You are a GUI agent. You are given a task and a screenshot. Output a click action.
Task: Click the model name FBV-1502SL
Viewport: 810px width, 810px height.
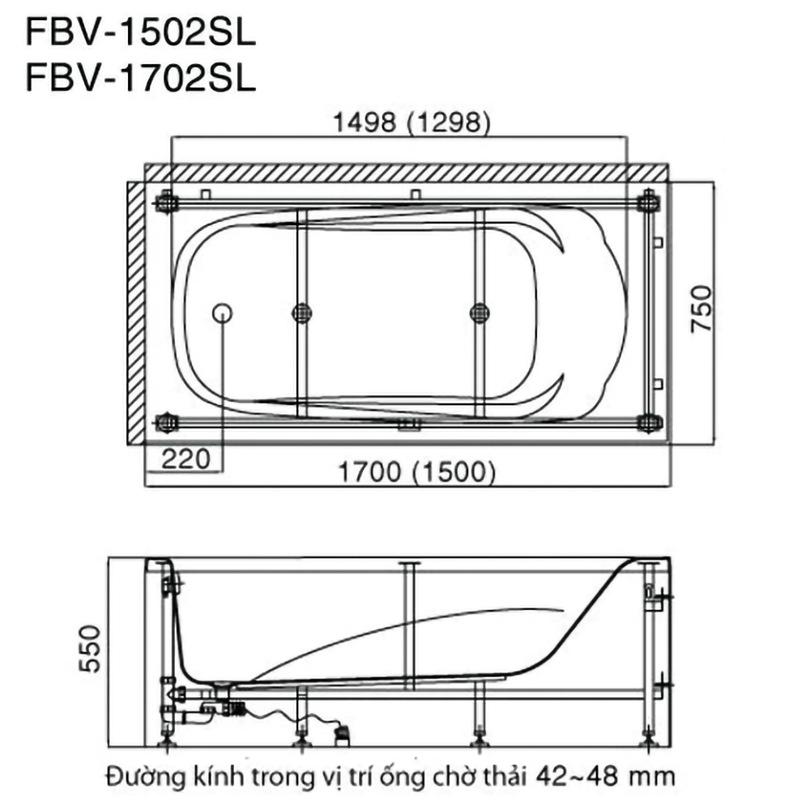[x=140, y=34]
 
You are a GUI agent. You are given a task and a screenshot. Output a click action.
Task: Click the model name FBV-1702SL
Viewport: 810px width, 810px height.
[x=140, y=79]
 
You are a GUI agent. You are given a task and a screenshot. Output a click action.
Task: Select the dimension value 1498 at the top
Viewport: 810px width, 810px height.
[x=364, y=122]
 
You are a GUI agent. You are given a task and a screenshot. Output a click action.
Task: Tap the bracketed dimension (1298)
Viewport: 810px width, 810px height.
[x=449, y=123]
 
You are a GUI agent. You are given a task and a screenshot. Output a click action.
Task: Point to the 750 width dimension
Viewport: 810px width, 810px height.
[x=701, y=308]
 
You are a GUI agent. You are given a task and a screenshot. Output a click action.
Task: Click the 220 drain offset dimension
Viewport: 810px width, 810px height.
[x=186, y=458]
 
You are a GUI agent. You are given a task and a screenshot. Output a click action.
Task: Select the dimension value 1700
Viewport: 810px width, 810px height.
[x=369, y=471]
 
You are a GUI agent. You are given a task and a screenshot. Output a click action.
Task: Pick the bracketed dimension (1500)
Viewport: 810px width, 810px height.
[x=454, y=472]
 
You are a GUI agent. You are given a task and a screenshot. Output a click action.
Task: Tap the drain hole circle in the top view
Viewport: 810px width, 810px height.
[x=222, y=313]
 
